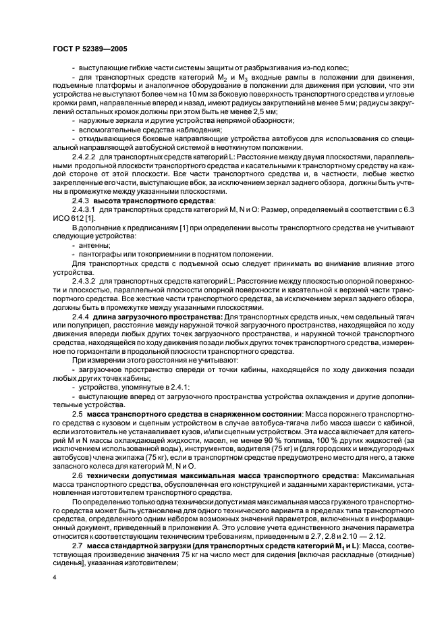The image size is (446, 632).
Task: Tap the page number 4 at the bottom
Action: [55, 577]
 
